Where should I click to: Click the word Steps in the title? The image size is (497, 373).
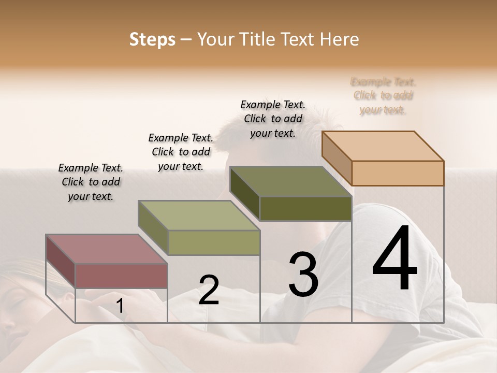(x=152, y=39)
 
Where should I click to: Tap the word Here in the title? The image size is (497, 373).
(x=339, y=39)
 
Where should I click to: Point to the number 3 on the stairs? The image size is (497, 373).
(x=303, y=275)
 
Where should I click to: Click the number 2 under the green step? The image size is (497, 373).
(x=209, y=290)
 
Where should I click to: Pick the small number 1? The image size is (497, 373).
(x=120, y=306)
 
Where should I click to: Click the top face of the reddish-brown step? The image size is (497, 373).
(x=106, y=249)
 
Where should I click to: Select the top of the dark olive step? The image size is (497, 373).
(x=290, y=181)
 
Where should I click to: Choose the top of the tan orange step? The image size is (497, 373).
(x=383, y=146)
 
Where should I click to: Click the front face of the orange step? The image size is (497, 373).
(x=398, y=173)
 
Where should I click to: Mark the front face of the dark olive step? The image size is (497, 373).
(x=305, y=209)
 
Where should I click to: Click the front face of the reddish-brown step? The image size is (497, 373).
(x=121, y=275)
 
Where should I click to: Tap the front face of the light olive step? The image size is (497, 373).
(x=214, y=242)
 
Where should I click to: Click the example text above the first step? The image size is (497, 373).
(x=91, y=182)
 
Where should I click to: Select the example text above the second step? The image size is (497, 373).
(x=181, y=152)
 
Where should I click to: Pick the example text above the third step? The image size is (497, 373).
(x=273, y=119)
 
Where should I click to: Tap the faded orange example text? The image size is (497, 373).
(x=383, y=96)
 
